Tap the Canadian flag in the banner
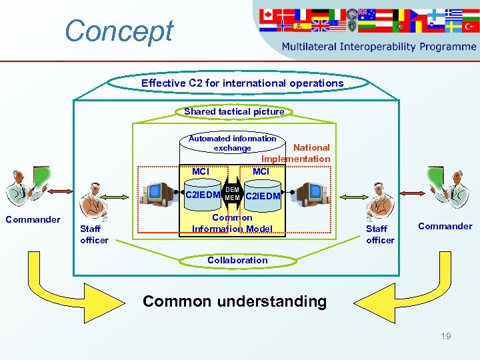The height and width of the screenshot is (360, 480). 267,14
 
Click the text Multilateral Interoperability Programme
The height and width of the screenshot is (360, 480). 379,47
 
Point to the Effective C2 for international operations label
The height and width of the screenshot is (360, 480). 242,83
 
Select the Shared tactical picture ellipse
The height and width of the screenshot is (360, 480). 234,111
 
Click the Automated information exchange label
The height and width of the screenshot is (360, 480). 232,143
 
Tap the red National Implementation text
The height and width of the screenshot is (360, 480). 297,153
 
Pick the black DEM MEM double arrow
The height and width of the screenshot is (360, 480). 233,194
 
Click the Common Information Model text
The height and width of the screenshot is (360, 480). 232,223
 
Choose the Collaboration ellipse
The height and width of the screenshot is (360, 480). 237,260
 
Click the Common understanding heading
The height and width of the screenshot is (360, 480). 235,301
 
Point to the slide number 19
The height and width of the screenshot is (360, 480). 445,336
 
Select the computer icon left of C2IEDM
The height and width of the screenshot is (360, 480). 163,194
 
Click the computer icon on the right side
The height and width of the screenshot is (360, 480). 309,194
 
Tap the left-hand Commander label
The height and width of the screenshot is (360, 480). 33,219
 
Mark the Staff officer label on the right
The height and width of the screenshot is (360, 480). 380,235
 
